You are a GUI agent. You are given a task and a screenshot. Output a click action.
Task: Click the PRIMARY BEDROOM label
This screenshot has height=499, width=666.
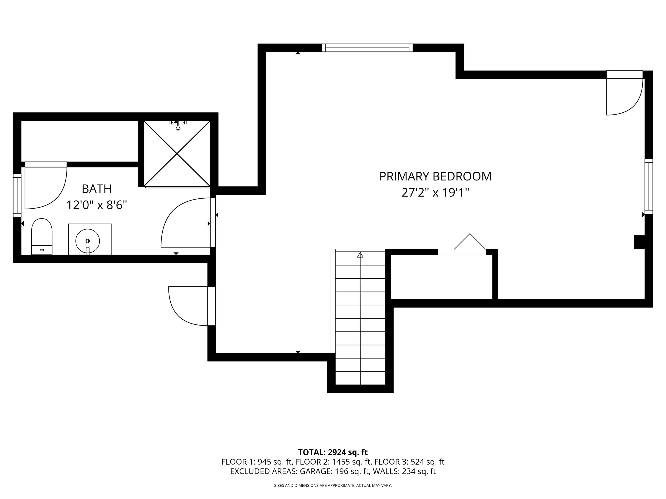click(x=435, y=177)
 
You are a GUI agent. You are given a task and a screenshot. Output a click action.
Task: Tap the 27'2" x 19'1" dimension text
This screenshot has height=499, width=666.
click(x=435, y=193)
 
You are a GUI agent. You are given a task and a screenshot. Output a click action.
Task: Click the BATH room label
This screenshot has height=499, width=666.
click(x=97, y=189)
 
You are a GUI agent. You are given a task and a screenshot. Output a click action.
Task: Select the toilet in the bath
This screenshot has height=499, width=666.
click(x=42, y=237)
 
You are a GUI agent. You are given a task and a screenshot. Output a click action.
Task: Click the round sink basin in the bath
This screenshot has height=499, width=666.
click(x=88, y=241)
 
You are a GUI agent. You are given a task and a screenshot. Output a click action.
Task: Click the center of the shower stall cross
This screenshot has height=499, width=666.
click(x=177, y=154)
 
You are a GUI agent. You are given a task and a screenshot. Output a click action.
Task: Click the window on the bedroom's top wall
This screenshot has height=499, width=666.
click(x=367, y=48)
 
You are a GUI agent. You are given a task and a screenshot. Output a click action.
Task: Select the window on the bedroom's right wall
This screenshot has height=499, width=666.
click(x=648, y=186)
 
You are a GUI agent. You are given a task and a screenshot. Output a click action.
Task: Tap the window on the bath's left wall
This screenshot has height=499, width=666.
click(x=17, y=195)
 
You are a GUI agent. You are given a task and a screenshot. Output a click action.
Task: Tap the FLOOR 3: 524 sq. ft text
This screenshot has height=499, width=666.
click(x=410, y=462)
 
